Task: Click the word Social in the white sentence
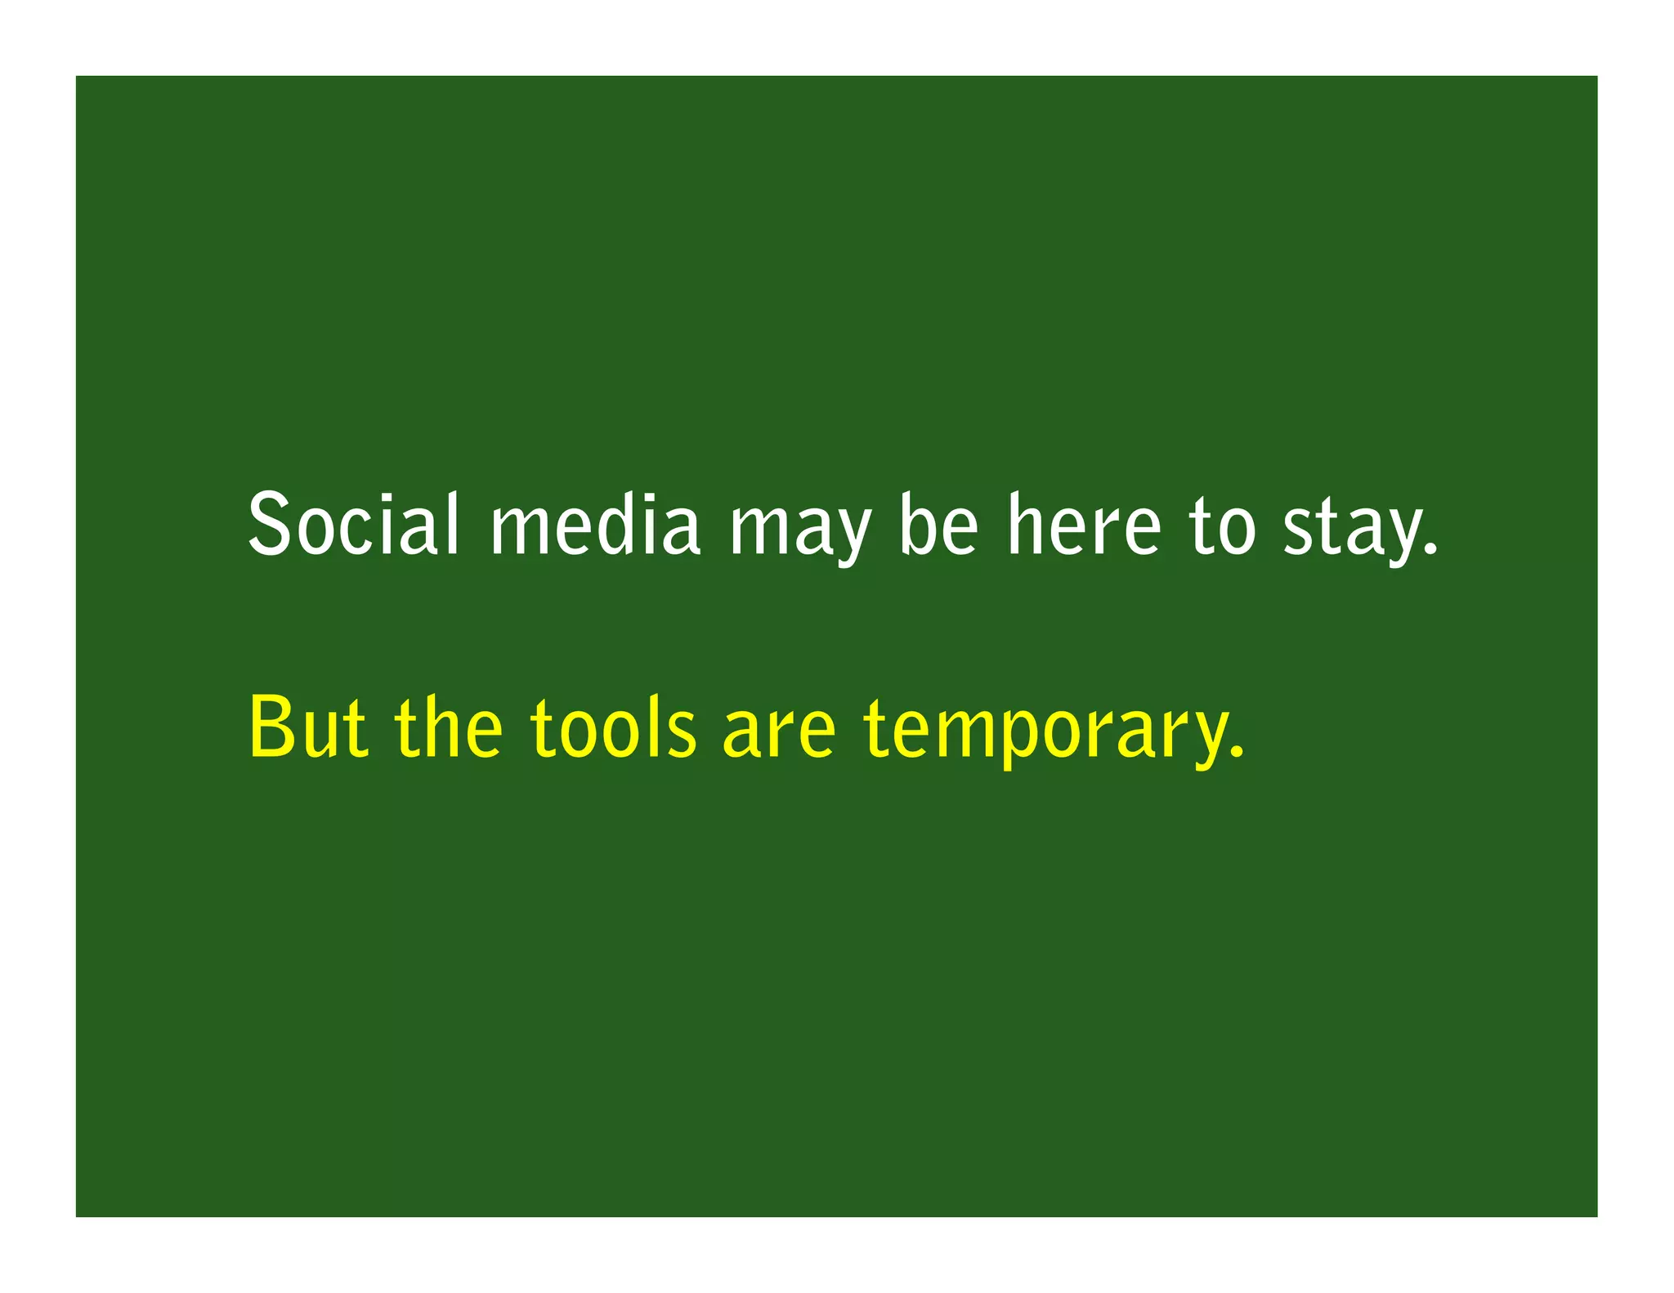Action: click(353, 524)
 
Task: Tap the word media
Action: click(595, 524)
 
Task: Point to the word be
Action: click(938, 524)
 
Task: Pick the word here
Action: click(1084, 524)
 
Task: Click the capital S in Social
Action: click(270, 524)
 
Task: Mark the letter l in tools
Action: click(660, 726)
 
